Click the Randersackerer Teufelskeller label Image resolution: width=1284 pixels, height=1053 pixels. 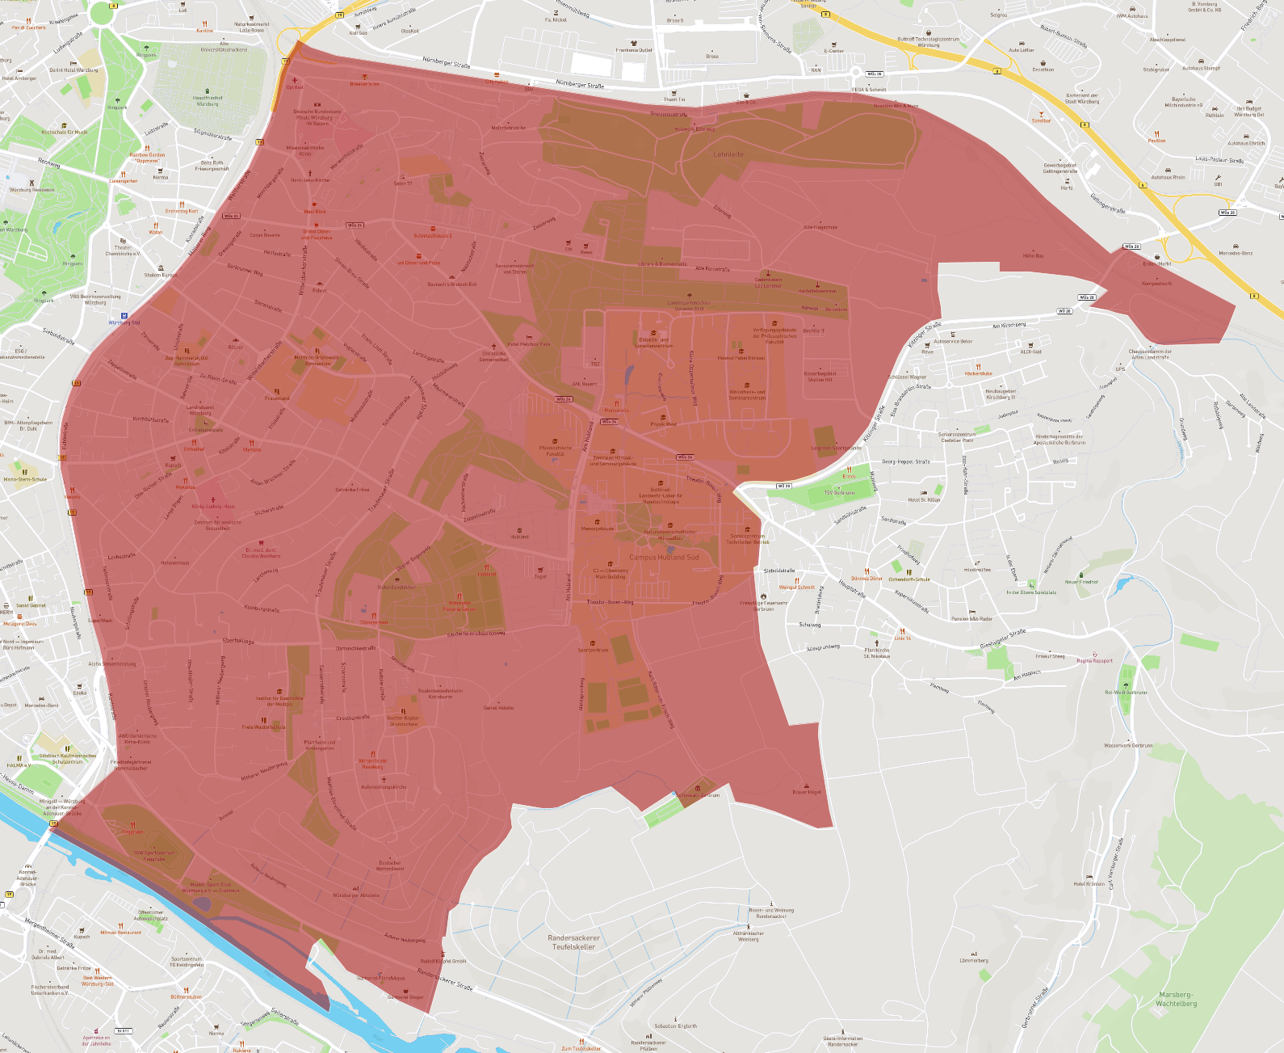(x=574, y=942)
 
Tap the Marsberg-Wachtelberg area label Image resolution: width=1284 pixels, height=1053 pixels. (x=1176, y=999)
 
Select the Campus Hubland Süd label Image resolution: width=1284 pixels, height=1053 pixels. (x=664, y=558)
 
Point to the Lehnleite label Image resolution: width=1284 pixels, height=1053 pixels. (x=728, y=154)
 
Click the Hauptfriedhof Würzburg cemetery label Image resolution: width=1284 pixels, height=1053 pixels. (x=208, y=101)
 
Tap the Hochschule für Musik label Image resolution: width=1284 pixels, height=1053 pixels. (x=65, y=132)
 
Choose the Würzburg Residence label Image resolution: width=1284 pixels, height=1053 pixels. (x=32, y=190)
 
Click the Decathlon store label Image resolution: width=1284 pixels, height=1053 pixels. (x=1043, y=69)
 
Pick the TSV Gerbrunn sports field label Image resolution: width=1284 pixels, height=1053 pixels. (x=839, y=492)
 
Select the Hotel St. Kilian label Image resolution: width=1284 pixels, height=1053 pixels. (x=924, y=499)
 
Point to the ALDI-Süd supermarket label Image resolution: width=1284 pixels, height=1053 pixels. (x=1030, y=352)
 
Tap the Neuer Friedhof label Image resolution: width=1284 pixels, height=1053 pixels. (x=1081, y=582)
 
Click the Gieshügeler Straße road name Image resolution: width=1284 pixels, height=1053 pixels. (x=1002, y=638)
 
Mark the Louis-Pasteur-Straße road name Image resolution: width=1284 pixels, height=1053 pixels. (x=1219, y=160)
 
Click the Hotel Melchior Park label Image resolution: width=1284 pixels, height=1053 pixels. (x=528, y=344)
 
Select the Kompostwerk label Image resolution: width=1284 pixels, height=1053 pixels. (x=1156, y=284)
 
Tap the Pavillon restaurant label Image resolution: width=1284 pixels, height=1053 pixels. (x=1156, y=141)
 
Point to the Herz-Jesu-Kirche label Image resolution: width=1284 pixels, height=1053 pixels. (x=310, y=180)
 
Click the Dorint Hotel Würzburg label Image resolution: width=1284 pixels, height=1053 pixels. (x=73, y=70)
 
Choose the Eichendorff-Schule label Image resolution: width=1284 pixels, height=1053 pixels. (x=909, y=579)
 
